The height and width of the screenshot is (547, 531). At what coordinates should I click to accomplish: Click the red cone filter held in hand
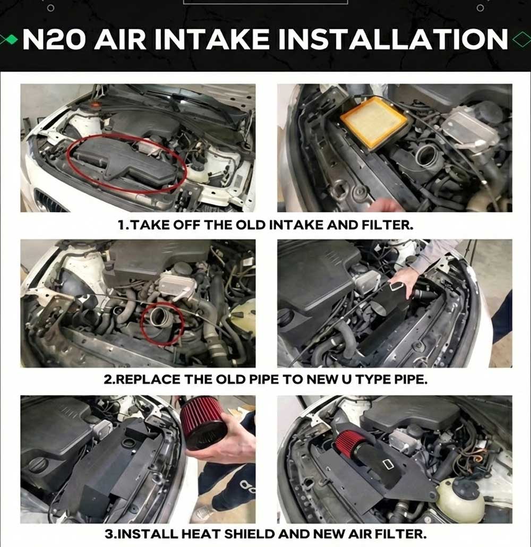[202, 424]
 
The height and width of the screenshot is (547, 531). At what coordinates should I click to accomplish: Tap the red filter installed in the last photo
[348, 443]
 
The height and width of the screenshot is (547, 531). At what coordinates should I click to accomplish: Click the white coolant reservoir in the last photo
[460, 499]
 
